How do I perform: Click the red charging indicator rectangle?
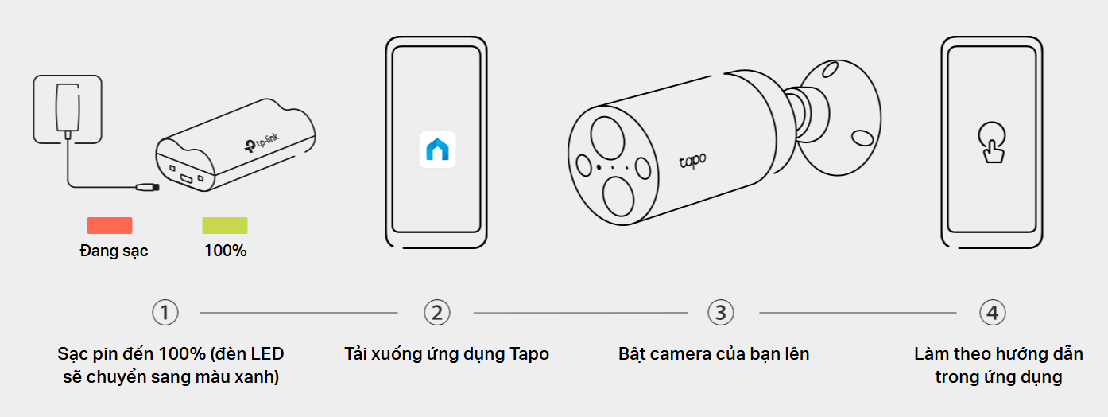click(x=110, y=225)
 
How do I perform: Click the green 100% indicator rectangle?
click(x=225, y=225)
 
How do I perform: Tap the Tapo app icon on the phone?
click(x=437, y=150)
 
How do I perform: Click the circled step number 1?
click(x=165, y=313)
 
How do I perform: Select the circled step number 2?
click(x=437, y=313)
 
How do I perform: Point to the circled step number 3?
click(x=721, y=313)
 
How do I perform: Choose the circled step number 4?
click(x=992, y=313)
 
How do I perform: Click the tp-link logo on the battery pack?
click(x=262, y=142)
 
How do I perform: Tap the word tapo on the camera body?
click(x=692, y=161)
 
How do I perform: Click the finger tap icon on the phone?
click(x=992, y=142)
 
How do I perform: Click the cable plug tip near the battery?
click(x=148, y=187)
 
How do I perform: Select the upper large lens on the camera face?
click(x=607, y=137)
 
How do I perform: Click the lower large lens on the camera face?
click(x=618, y=196)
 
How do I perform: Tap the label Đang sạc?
click(x=114, y=251)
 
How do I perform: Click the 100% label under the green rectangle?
click(x=226, y=251)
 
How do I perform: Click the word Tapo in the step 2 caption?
click(x=529, y=354)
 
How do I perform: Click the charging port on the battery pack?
click(x=186, y=179)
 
